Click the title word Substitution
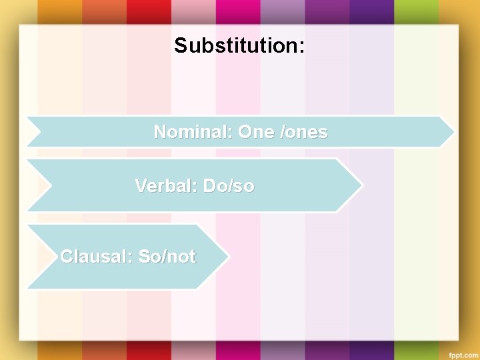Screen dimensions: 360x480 coord(239,45)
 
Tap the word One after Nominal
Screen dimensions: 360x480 coord(255,132)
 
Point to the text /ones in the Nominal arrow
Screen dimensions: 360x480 coord(305,132)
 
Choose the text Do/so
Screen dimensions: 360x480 coord(229,185)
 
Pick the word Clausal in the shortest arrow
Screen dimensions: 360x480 coord(95,256)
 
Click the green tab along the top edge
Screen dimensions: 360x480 coord(416,10)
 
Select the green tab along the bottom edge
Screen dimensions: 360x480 coord(416,351)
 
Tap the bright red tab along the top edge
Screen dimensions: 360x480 coord(149,10)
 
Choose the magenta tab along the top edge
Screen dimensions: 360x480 coord(238,10)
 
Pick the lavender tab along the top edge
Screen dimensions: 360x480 coord(283,10)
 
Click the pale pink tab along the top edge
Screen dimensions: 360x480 coord(193,10)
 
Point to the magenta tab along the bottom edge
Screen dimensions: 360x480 coord(238,351)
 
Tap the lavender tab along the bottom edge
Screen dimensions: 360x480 coord(283,351)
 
